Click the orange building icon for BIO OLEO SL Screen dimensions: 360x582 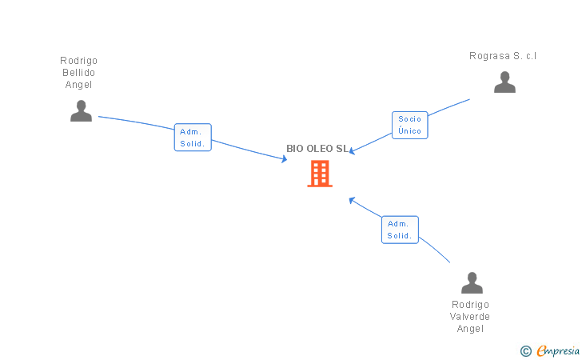pyautogui.click(x=320, y=174)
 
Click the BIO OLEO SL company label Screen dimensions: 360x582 pyautogui.click(x=317, y=149)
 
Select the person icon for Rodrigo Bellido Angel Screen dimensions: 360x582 pyautogui.click(x=81, y=111)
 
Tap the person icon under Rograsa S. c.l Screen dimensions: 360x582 pyautogui.click(x=504, y=82)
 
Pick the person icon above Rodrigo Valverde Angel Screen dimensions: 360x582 pyautogui.click(x=472, y=283)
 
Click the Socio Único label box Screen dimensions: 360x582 pyautogui.click(x=409, y=125)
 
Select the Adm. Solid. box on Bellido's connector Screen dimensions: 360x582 pyautogui.click(x=193, y=138)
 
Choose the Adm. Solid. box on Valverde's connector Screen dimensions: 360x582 pyautogui.click(x=400, y=230)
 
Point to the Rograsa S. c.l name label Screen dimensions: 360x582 pyautogui.click(x=503, y=56)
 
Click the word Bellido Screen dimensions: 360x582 pyautogui.click(x=79, y=73)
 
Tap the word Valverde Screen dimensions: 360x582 pyautogui.click(x=470, y=317)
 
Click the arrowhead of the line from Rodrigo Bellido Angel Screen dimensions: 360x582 pyautogui.click(x=284, y=159)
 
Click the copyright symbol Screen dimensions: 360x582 pyautogui.click(x=525, y=350)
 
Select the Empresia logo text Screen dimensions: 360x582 pyautogui.click(x=558, y=350)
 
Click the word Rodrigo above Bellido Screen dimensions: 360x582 pyautogui.click(x=79, y=61)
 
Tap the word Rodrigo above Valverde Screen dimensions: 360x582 pyautogui.click(x=470, y=305)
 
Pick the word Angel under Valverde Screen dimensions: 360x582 pyautogui.click(x=470, y=329)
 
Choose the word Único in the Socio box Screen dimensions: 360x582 pyautogui.click(x=409, y=130)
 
